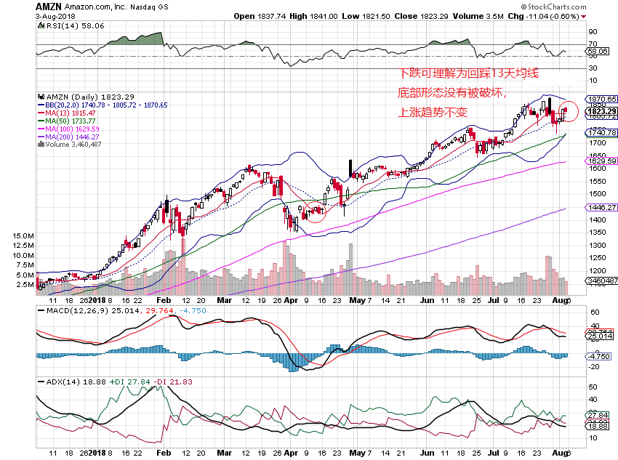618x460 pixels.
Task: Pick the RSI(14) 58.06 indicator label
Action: click(x=66, y=25)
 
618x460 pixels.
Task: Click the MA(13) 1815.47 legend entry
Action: click(x=71, y=113)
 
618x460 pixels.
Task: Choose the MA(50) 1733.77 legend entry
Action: click(x=71, y=121)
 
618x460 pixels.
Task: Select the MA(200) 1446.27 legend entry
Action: click(x=73, y=137)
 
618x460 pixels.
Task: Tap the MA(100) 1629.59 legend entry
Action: click(x=73, y=129)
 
